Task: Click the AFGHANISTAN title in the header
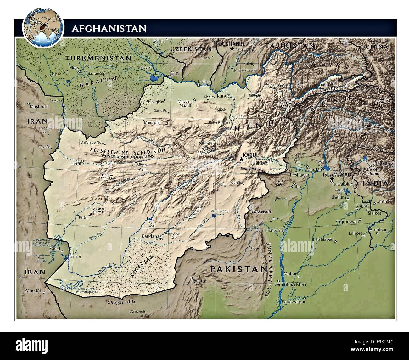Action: point(109,29)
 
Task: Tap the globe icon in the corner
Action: point(43,28)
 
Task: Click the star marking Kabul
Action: point(241,160)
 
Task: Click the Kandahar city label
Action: point(151,236)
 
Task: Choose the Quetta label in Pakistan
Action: point(200,281)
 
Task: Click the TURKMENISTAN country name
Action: point(98,58)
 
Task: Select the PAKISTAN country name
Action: point(238,269)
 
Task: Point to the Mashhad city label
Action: point(39,107)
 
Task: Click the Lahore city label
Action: point(355,233)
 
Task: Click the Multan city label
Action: point(290,274)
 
